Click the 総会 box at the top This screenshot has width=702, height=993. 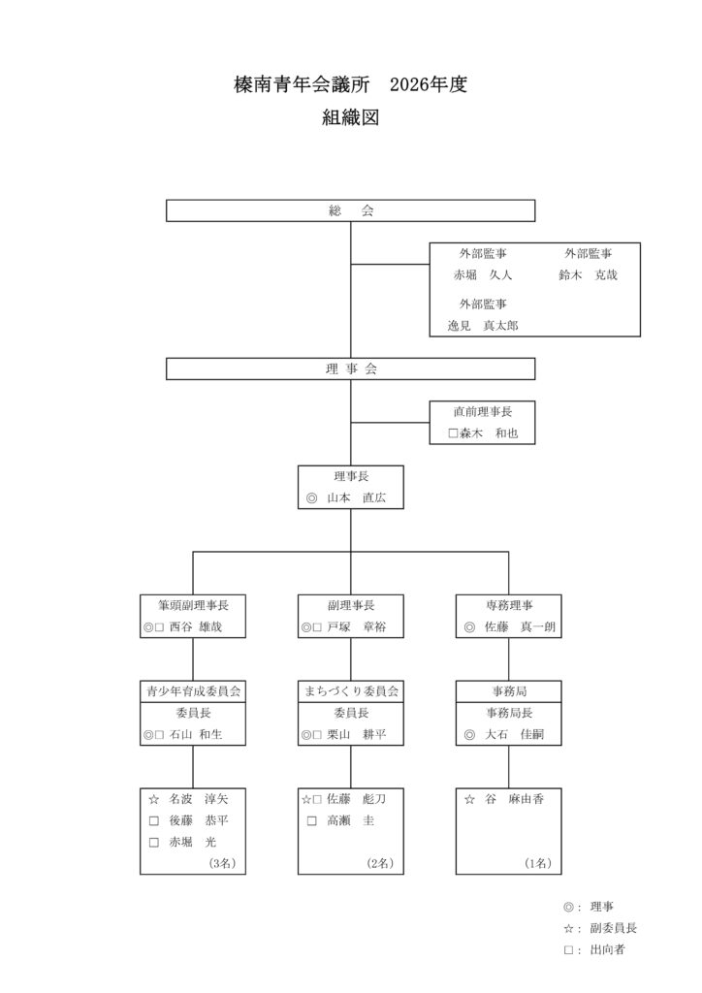[350, 210]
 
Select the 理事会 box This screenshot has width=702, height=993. [350, 368]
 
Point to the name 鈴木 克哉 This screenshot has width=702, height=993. [588, 274]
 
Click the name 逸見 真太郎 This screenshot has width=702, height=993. [482, 326]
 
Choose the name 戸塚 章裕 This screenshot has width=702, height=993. [358, 627]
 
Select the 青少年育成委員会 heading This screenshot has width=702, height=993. [192, 691]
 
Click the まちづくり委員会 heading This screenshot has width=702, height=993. [350, 691]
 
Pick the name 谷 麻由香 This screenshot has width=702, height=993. [514, 799]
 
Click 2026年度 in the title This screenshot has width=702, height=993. [429, 85]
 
